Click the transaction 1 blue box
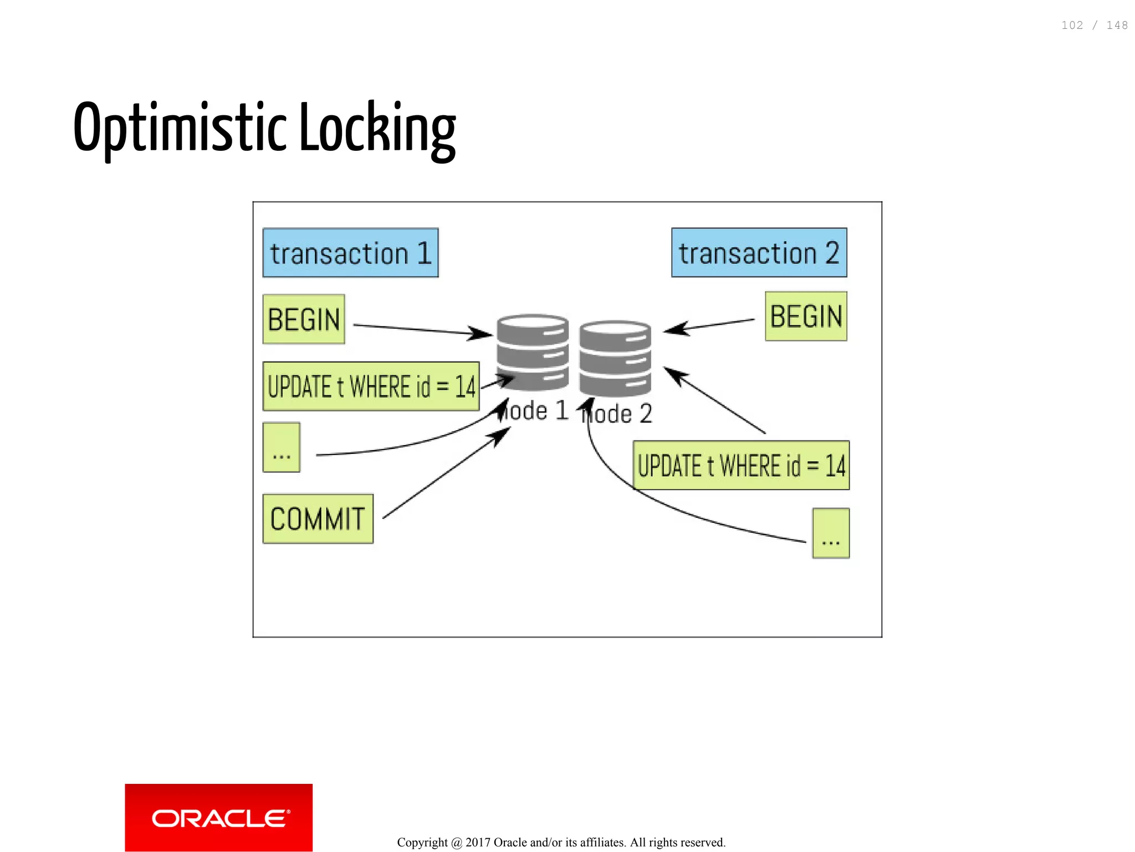[x=350, y=253]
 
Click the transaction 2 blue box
[x=759, y=253]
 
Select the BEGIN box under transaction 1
[x=304, y=319]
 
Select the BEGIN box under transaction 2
[x=806, y=317]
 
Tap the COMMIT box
[x=318, y=519]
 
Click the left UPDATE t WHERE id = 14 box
[x=371, y=386]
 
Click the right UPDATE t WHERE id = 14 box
[x=741, y=465]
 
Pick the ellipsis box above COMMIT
[x=282, y=447]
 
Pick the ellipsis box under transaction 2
[x=831, y=533]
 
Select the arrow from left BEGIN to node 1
[x=421, y=329]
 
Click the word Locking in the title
[x=377, y=129]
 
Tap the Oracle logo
[x=219, y=818]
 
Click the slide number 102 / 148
[x=1094, y=25]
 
